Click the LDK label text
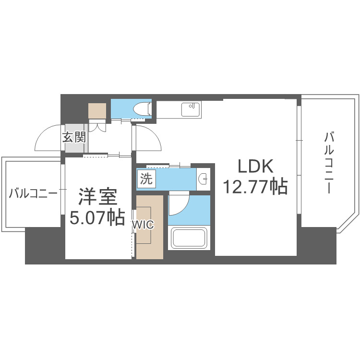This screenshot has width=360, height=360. [x=255, y=167]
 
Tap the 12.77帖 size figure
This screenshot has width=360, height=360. [x=255, y=186]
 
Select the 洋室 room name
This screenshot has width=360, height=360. [x=97, y=198]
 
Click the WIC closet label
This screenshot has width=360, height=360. [x=143, y=225]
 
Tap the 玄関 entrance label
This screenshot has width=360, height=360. [x=74, y=138]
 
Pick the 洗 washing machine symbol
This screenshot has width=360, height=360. [x=146, y=179]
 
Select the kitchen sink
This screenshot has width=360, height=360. [x=191, y=109]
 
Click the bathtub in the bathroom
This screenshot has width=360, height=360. [x=189, y=238]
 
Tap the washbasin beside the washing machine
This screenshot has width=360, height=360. [x=204, y=180]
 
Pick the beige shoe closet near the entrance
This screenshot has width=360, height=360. [x=98, y=111]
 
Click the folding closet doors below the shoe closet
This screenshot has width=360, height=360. [x=97, y=126]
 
